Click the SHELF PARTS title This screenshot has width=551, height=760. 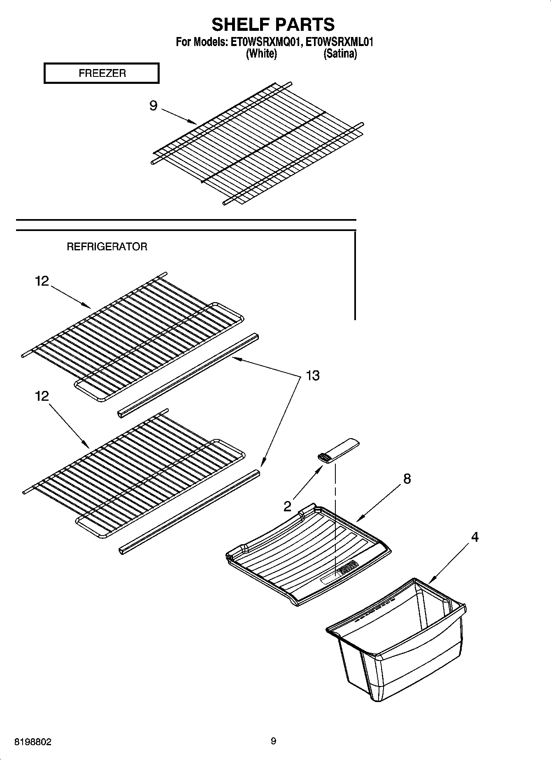click(273, 25)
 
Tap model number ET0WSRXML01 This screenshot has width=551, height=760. click(340, 42)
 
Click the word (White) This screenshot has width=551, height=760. click(261, 54)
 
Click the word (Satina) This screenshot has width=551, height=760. click(340, 54)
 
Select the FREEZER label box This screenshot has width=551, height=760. click(102, 74)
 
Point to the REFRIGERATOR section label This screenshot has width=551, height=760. click(107, 247)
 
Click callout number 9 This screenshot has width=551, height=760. click(153, 106)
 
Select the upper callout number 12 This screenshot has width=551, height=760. click(42, 281)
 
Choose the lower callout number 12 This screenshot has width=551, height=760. click(42, 396)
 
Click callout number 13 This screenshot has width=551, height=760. click(312, 376)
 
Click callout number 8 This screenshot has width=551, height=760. click(407, 478)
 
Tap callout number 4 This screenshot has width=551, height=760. click(474, 537)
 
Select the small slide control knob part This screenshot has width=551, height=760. click(337, 451)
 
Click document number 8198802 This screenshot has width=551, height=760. click(33, 742)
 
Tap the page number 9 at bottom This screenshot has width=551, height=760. click(274, 741)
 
